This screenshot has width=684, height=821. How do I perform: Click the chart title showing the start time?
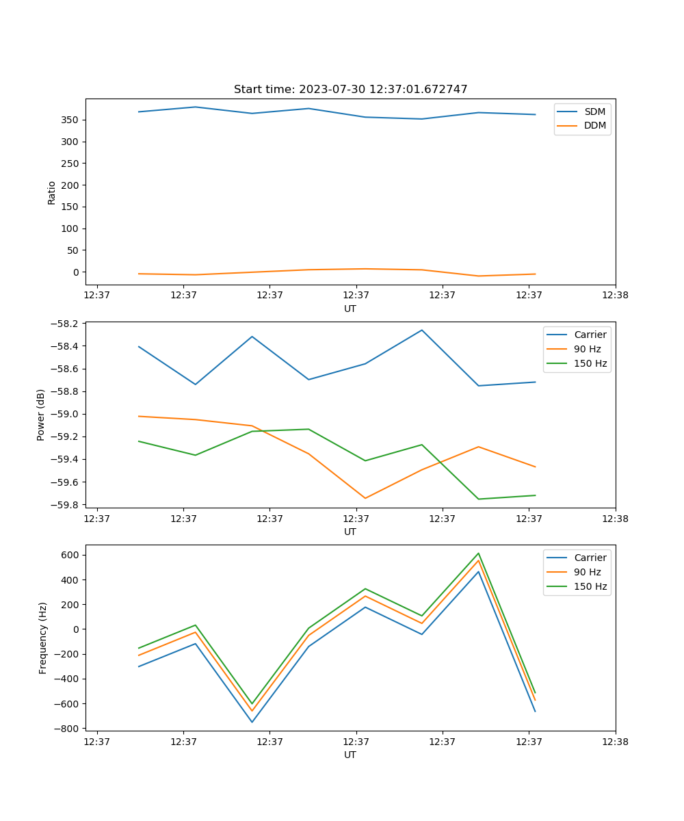350,90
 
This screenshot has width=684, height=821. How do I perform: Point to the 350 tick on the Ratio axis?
70,120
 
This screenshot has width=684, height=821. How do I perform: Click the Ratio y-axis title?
52,192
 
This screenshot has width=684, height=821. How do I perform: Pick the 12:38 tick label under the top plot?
615,295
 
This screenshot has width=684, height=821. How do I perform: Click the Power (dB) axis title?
41,415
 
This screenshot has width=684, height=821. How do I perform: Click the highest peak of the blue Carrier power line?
422,330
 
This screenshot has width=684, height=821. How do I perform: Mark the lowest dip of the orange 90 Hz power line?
365,498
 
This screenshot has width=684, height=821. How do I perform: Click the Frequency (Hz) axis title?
43,638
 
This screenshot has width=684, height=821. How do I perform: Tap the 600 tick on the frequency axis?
70,555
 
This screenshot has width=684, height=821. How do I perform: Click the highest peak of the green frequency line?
479,553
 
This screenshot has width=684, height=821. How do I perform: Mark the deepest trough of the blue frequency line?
252,722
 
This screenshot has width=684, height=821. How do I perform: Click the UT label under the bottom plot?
350,755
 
